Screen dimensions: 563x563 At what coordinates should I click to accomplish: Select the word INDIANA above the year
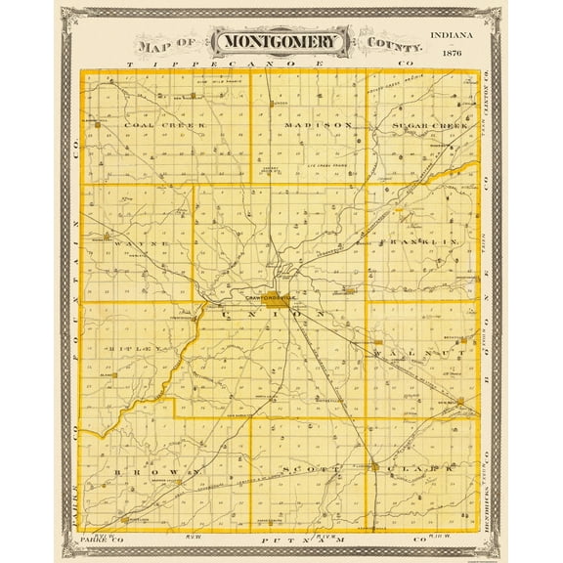click(454, 36)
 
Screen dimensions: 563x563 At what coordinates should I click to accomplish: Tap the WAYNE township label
click(146, 241)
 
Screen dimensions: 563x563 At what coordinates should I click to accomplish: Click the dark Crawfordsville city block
click(278, 301)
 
